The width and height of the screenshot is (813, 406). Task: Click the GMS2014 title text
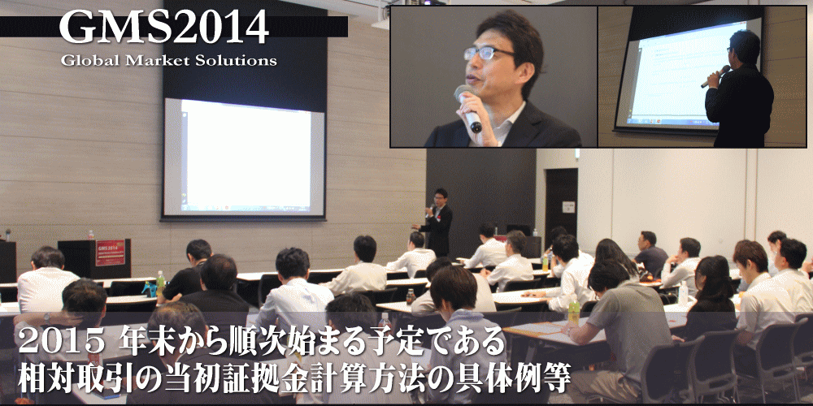point(164,28)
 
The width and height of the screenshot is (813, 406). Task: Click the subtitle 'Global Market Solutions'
point(168,60)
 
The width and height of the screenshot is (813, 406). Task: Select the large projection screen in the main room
point(244,157)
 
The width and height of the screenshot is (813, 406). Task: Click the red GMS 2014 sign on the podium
point(110,253)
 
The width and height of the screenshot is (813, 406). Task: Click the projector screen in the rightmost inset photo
point(687,75)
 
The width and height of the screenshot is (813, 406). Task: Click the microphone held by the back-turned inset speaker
point(715,76)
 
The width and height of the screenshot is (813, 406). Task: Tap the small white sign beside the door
point(569,207)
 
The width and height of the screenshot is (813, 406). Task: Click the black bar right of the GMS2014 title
point(308,27)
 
